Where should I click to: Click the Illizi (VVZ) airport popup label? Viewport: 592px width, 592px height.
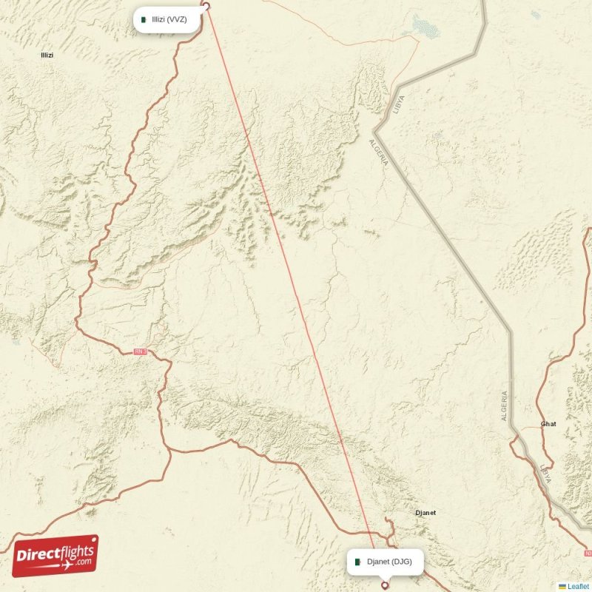[x=167, y=19]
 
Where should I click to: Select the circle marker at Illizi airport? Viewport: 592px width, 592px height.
[x=206, y=7]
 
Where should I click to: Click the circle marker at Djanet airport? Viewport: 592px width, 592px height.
[x=384, y=585]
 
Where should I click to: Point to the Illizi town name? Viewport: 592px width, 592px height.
[x=47, y=55]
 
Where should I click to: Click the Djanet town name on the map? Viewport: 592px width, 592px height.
[x=425, y=512]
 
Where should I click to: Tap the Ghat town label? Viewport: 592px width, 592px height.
[x=548, y=424]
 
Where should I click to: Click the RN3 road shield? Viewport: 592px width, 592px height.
[x=141, y=352]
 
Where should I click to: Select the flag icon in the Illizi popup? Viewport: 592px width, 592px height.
[x=144, y=19]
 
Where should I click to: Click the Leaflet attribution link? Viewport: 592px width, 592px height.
[x=578, y=586]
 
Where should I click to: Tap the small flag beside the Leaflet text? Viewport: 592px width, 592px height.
[x=562, y=586]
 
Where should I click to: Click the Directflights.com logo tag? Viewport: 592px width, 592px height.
[x=55, y=556]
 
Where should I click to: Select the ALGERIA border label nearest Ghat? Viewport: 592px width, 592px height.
[x=505, y=406]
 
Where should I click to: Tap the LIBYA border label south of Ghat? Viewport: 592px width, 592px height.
[x=545, y=474]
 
